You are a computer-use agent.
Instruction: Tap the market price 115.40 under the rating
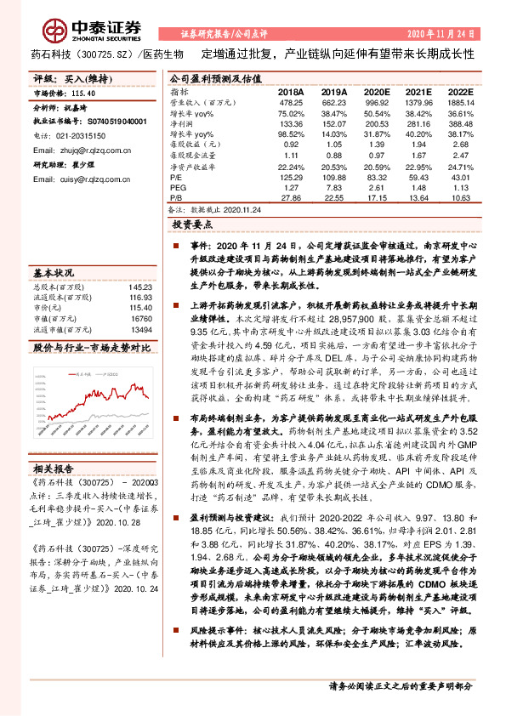click(83, 93)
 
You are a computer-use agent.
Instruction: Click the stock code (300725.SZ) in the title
click(104, 54)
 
